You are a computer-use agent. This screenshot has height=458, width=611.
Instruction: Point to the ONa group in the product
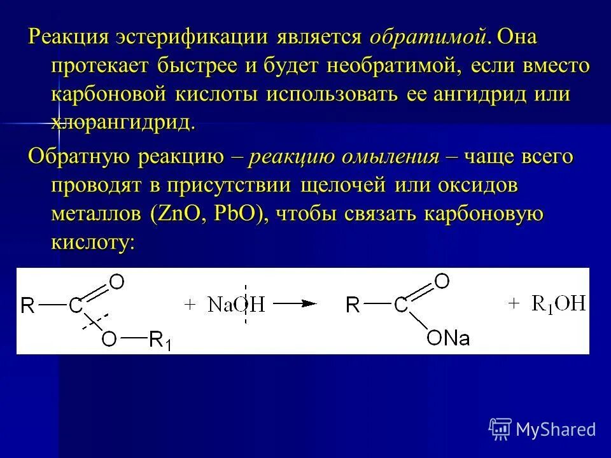(x=448, y=337)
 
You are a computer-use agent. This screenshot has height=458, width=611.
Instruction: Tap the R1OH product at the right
(x=558, y=304)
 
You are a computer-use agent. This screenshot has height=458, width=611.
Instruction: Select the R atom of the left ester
(x=27, y=306)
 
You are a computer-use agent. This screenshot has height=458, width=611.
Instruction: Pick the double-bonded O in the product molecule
(x=442, y=280)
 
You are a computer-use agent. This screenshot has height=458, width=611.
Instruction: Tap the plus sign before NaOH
(x=189, y=305)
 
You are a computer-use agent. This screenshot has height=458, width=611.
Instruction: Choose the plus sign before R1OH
(x=514, y=304)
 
